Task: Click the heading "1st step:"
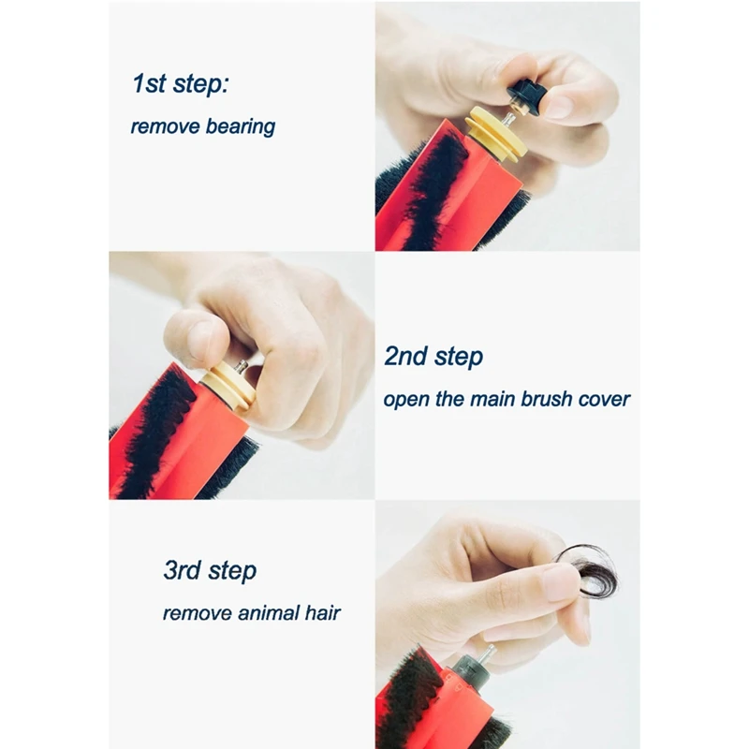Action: click(x=181, y=83)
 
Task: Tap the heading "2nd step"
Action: click(x=433, y=357)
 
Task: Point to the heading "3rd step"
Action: click(x=210, y=570)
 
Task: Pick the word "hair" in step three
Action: click(x=322, y=614)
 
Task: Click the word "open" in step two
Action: click(x=404, y=400)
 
